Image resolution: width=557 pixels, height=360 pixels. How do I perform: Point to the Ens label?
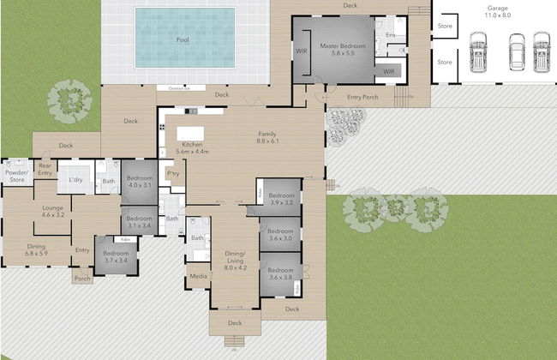coord(391,35)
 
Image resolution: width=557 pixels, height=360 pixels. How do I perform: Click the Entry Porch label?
coord(362,97)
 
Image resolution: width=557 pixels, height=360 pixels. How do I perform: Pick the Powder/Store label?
coord(16,176)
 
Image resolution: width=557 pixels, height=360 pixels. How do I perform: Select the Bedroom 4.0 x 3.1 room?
coord(139,182)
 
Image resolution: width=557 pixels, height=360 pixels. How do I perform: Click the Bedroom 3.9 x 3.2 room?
coord(281,200)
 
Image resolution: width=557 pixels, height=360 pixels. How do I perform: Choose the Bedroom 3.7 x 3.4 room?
coord(115,256)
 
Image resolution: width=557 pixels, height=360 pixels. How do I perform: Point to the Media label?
coord(198,276)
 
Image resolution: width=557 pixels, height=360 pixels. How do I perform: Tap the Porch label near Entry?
coord(81,279)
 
